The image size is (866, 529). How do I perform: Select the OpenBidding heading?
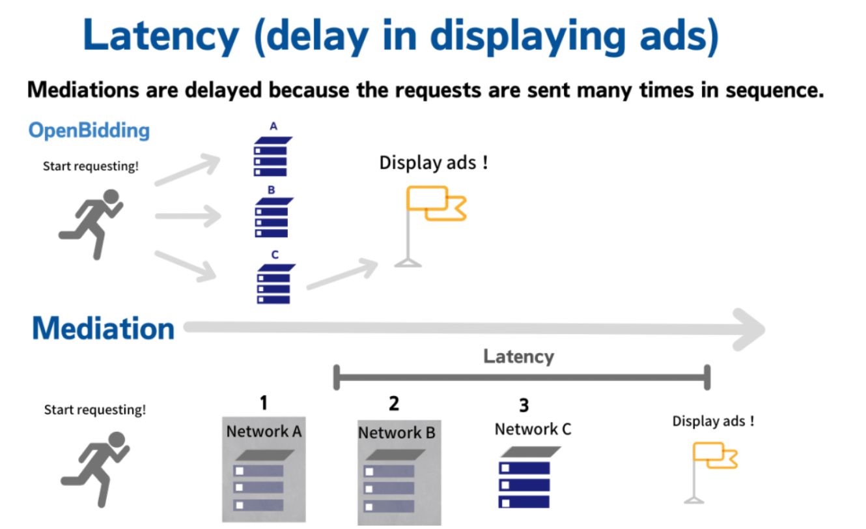click(x=89, y=130)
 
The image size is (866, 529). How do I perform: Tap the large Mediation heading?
click(x=104, y=328)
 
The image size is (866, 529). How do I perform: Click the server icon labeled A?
click(x=271, y=156)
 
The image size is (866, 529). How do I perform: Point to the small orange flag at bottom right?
click(x=715, y=455)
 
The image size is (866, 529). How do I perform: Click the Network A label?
click(x=264, y=431)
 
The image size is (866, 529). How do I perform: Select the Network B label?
click(x=397, y=433)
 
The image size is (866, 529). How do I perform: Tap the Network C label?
click(x=533, y=430)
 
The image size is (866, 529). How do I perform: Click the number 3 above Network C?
click(x=524, y=406)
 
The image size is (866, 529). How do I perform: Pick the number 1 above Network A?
click(x=263, y=403)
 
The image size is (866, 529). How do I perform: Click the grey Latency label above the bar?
click(x=518, y=356)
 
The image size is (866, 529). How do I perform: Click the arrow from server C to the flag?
click(x=341, y=276)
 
